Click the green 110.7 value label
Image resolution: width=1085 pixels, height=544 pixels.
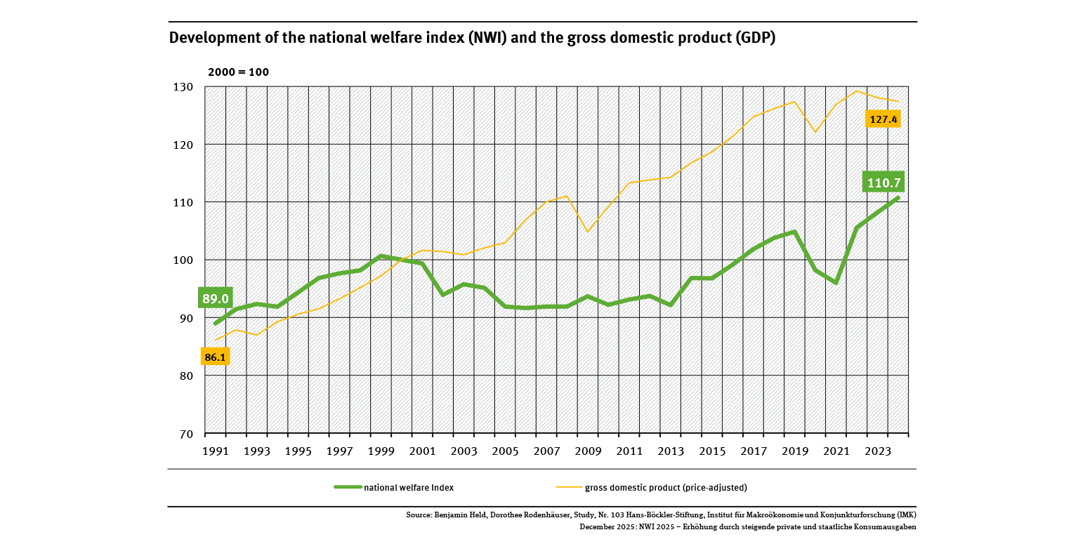pyautogui.click(x=883, y=183)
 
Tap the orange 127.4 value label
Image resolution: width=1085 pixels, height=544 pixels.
pyautogui.click(x=883, y=119)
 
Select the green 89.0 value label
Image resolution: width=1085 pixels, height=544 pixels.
pyautogui.click(x=216, y=298)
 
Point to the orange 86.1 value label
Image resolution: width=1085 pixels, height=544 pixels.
pyautogui.click(x=215, y=357)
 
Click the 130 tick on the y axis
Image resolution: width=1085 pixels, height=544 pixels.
pyautogui.click(x=183, y=87)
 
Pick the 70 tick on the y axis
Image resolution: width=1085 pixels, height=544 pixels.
pyautogui.click(x=186, y=434)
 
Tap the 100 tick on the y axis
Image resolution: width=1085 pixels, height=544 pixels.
pyautogui.click(x=183, y=260)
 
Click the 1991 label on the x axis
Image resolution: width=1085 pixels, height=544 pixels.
pyautogui.click(x=216, y=451)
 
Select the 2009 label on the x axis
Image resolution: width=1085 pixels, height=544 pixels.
pyautogui.click(x=587, y=451)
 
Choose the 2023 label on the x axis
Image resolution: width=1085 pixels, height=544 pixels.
pyautogui.click(x=877, y=451)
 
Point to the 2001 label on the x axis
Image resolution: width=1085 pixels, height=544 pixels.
pyautogui.click(x=423, y=451)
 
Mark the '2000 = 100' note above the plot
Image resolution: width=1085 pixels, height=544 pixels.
pyautogui.click(x=238, y=72)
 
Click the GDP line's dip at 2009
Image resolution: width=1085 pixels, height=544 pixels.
pyautogui.click(x=587, y=232)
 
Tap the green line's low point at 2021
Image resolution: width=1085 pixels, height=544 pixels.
pyautogui.click(x=836, y=283)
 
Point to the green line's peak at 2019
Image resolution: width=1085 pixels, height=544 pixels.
pyautogui.click(x=794, y=232)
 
